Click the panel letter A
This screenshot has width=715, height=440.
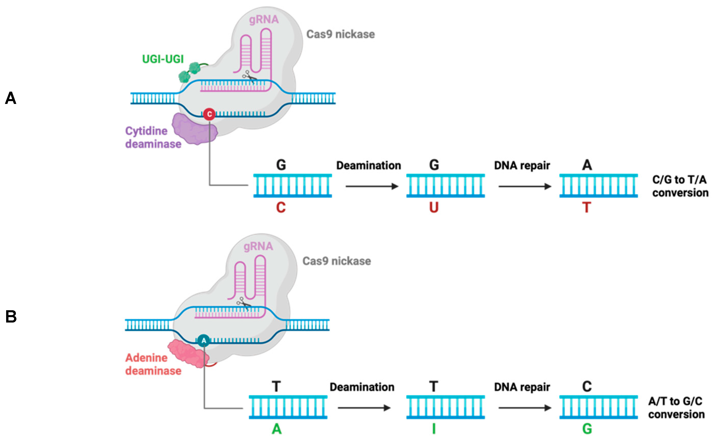tap(10, 98)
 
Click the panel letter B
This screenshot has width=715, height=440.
tap(11, 317)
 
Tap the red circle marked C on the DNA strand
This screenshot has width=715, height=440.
tap(209, 114)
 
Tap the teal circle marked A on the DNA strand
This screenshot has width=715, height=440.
tap(204, 340)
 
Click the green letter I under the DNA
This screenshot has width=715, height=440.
tap(434, 429)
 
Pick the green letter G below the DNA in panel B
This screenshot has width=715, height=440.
tap(587, 429)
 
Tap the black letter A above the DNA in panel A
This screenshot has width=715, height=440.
tap(587, 165)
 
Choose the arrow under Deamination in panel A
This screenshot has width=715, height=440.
tap(372, 186)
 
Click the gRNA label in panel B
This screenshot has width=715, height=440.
tap(258, 246)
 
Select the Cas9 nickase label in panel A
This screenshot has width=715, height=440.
tap(340, 34)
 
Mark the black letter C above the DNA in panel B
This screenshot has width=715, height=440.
tap(587, 387)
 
